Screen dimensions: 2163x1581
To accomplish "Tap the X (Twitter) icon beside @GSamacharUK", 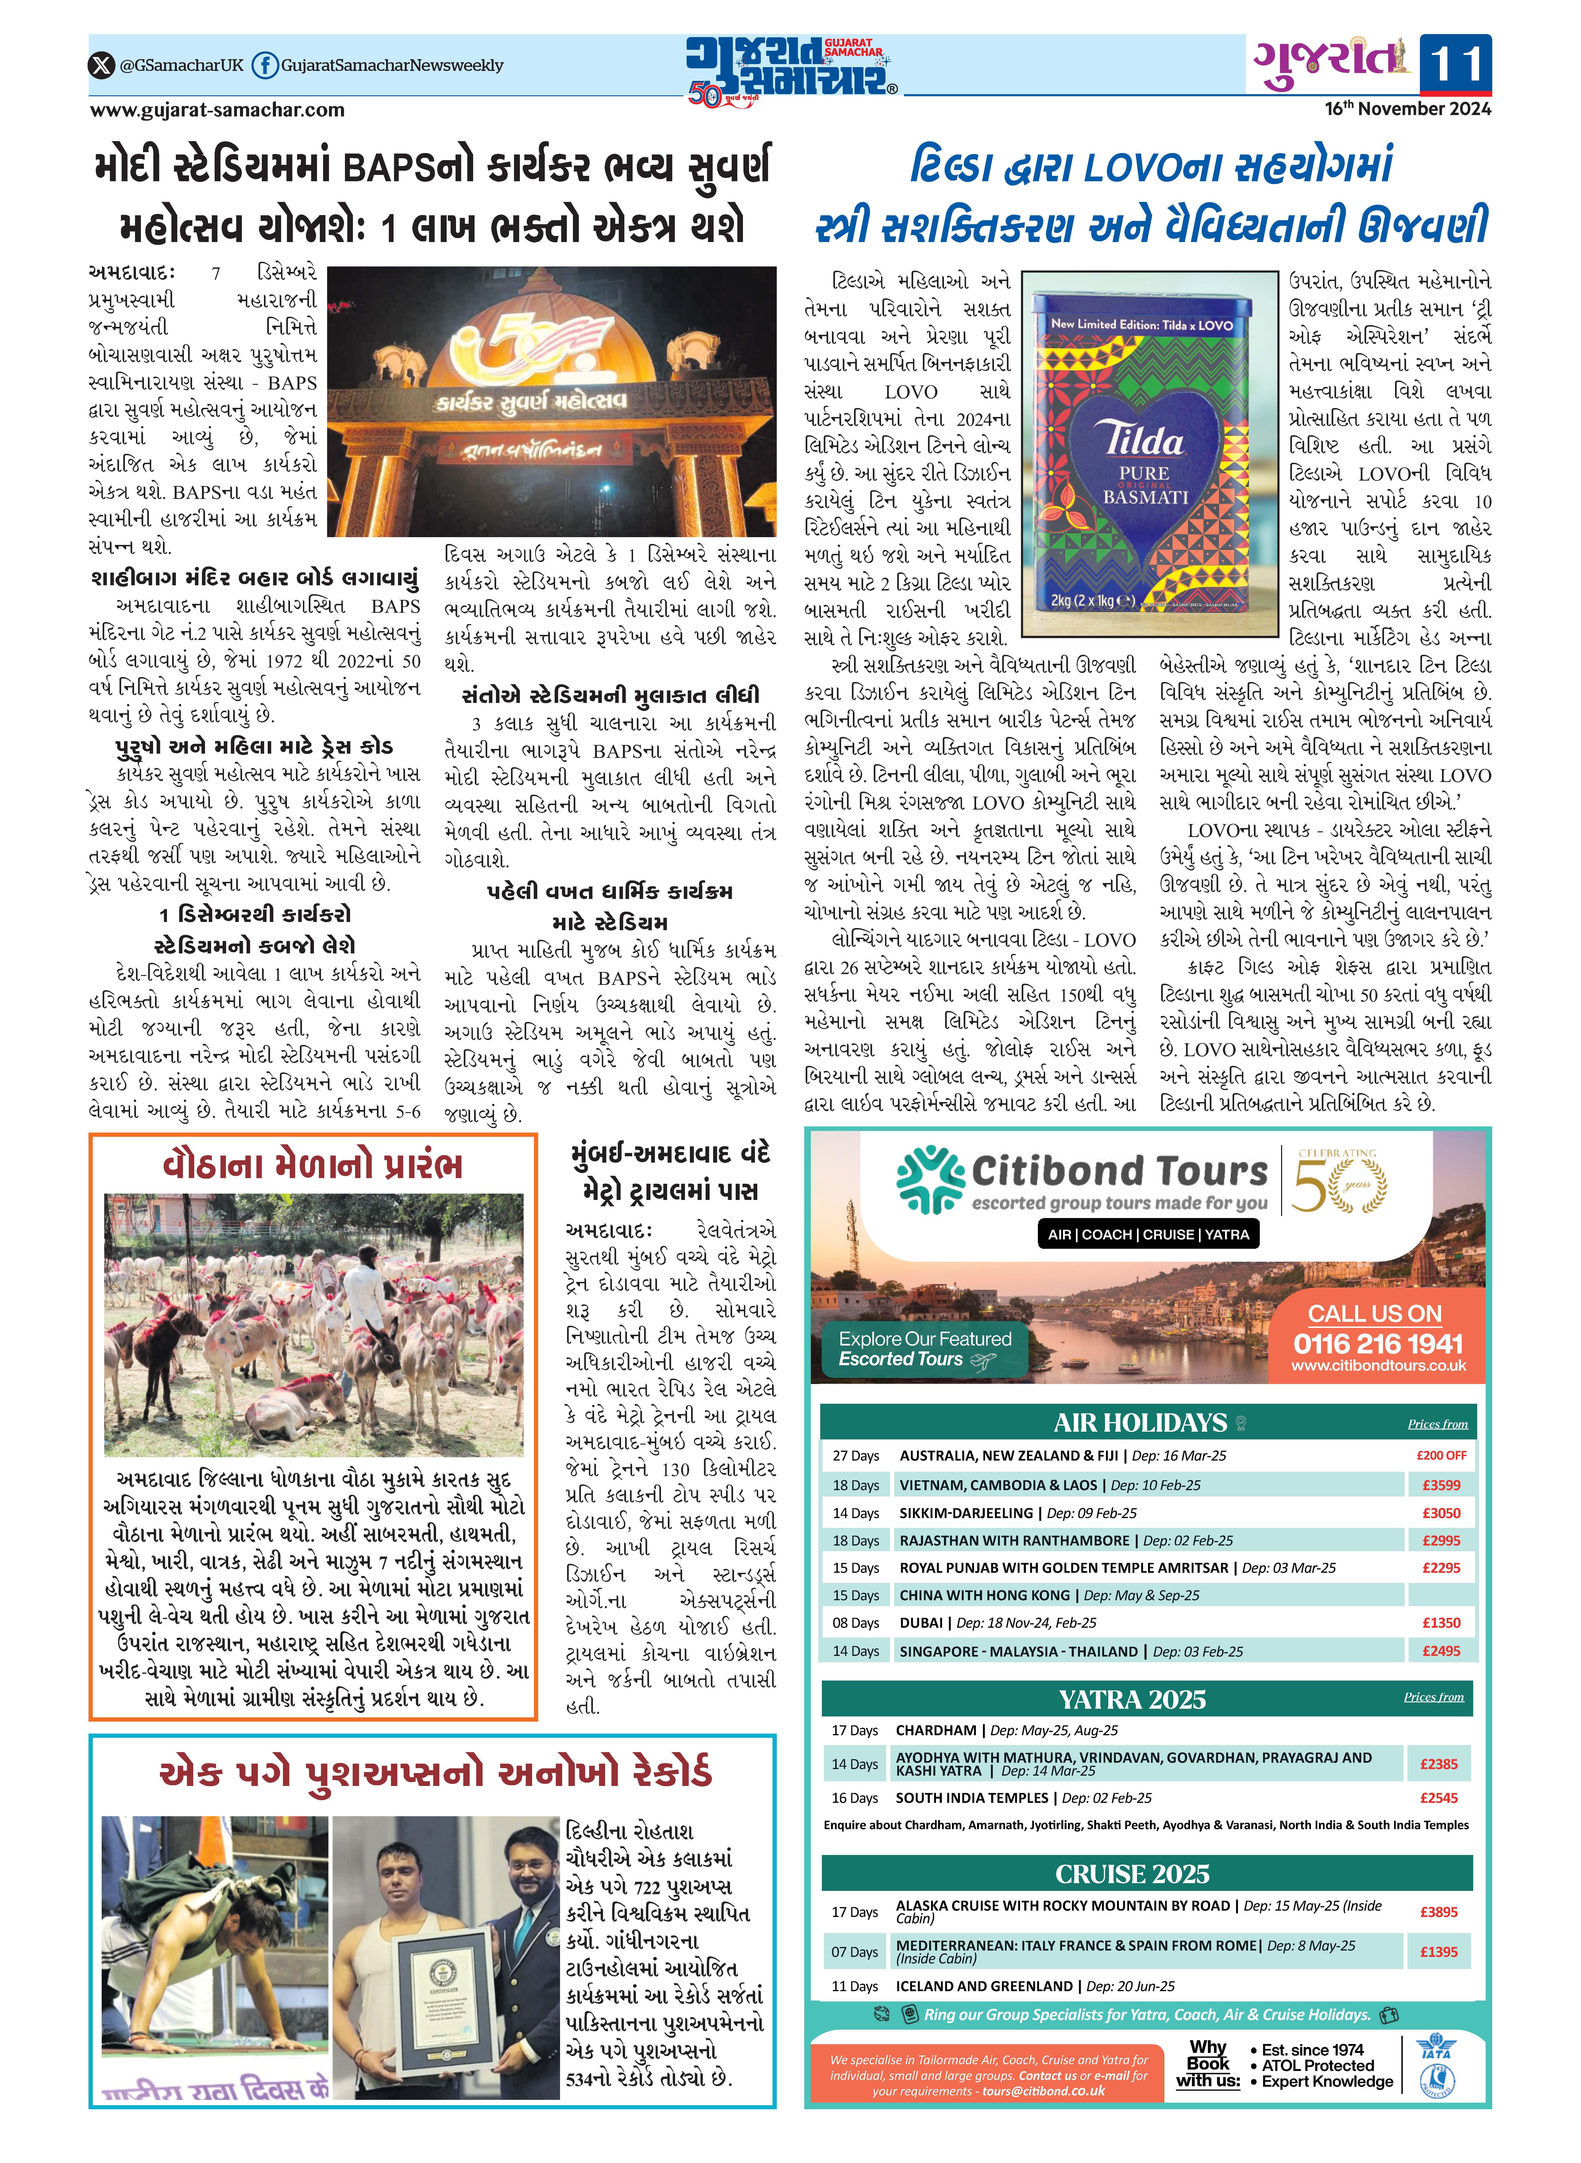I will pos(101,65).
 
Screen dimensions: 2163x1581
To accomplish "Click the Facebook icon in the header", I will pos(264,65).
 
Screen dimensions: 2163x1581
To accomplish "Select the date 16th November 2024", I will pos(1407,109).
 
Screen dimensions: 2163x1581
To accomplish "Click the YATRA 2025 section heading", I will pos(1131,1699).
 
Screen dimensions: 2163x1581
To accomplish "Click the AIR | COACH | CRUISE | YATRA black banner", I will pos(1148,1234).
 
